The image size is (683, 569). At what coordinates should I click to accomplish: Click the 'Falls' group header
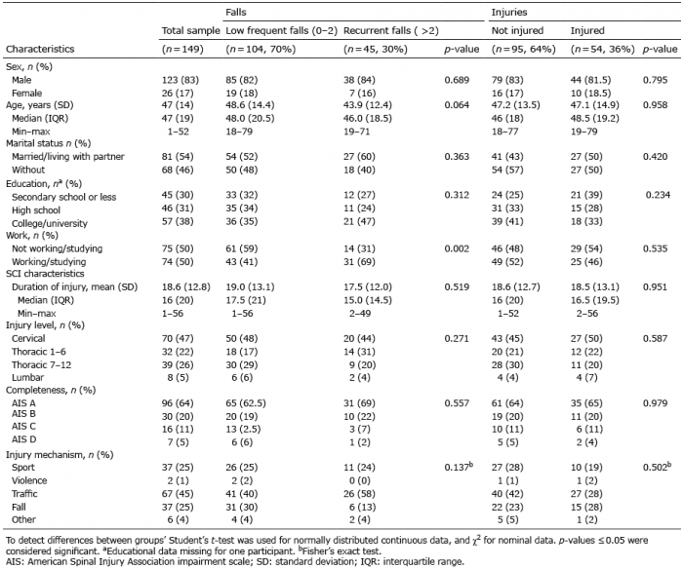point(236,13)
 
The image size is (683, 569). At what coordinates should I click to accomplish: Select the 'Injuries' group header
point(509,13)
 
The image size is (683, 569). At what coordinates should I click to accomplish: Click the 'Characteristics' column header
point(40,49)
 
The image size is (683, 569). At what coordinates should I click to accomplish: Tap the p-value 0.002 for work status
point(457,248)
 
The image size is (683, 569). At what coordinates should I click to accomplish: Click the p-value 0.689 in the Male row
point(457,80)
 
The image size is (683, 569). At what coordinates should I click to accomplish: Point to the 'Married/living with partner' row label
point(68,157)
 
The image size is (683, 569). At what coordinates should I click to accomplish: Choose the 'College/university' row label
point(50,223)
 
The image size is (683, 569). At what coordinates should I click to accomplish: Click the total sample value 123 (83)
point(180,80)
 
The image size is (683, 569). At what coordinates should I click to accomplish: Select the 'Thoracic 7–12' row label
point(41,364)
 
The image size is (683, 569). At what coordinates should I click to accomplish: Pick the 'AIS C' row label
point(24,427)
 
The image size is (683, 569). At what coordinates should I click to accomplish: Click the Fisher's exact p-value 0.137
point(459,467)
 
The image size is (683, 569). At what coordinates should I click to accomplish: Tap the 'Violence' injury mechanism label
point(29,480)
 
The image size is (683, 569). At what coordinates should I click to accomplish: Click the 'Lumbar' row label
point(28,377)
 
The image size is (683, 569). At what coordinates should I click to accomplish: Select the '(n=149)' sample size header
point(182,49)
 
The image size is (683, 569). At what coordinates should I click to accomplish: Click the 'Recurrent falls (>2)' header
point(390,31)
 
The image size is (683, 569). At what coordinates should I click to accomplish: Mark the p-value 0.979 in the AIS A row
point(655,402)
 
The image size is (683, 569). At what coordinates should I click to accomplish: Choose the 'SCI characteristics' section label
point(45,274)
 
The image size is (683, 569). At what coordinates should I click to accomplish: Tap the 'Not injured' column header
point(517,30)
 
